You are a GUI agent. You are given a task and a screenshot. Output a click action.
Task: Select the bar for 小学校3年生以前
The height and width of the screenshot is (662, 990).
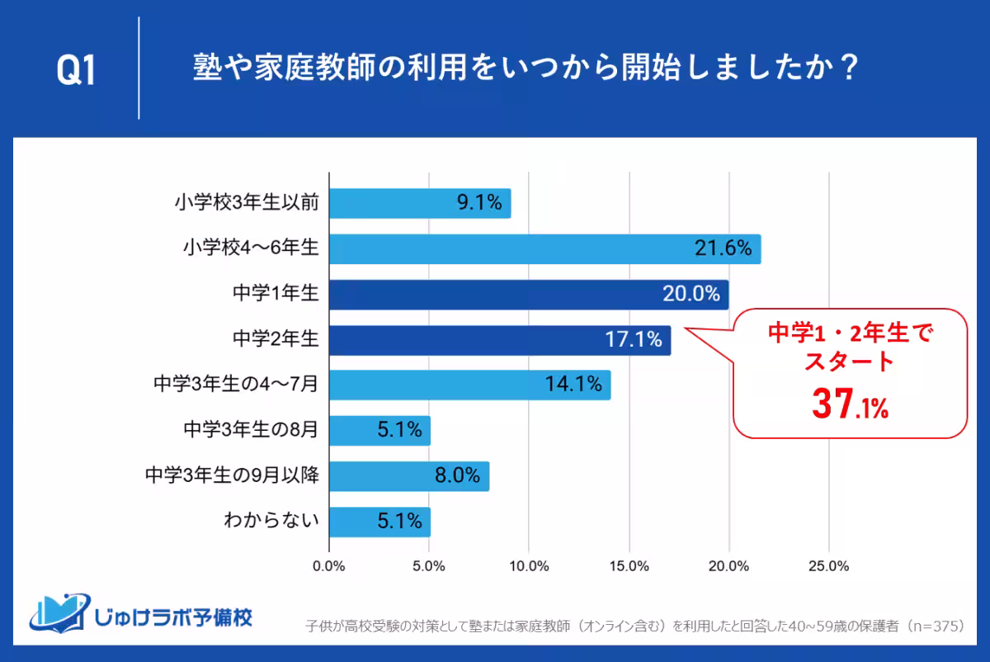[420, 203]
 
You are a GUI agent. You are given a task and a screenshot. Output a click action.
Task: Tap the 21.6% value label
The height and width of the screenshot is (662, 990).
[722, 248]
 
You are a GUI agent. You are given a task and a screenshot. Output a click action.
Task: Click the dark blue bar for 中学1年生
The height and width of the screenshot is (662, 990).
[529, 294]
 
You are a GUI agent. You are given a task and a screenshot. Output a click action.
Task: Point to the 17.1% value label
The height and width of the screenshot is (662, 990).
[633, 339]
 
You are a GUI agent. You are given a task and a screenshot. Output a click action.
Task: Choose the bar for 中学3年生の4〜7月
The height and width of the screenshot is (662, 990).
[469, 385]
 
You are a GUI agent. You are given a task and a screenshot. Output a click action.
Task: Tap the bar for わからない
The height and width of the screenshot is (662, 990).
[379, 522]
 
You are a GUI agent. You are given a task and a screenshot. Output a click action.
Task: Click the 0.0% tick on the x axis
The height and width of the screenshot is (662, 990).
[329, 566]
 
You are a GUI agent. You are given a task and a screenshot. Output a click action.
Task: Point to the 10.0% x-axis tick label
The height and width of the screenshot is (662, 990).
[529, 566]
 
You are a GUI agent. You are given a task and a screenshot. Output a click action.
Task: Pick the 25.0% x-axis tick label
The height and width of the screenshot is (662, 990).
[828, 566]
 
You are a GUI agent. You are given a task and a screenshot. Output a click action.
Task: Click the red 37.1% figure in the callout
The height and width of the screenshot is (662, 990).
[850, 404]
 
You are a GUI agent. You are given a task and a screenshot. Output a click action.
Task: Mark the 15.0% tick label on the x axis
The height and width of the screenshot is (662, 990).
[629, 566]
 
